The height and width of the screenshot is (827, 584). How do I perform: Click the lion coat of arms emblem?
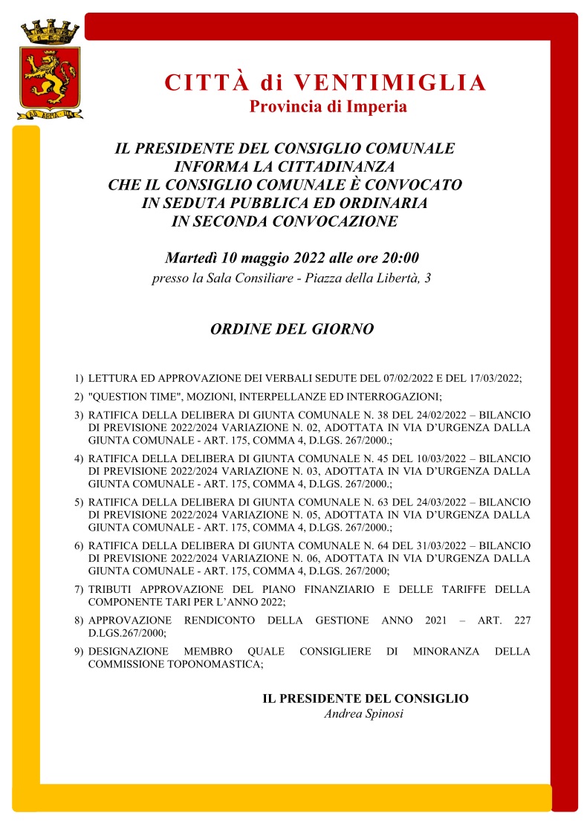[50, 75]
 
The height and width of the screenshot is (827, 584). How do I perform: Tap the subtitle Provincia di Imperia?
[328, 106]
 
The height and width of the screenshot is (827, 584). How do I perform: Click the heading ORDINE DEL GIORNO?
[292, 328]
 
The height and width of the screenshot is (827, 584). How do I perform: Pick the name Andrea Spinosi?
[364, 714]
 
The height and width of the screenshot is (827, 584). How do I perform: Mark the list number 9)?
[78, 652]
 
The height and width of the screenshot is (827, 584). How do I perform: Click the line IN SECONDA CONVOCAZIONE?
[285, 221]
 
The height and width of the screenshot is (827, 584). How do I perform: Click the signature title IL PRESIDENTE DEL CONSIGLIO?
[365, 698]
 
